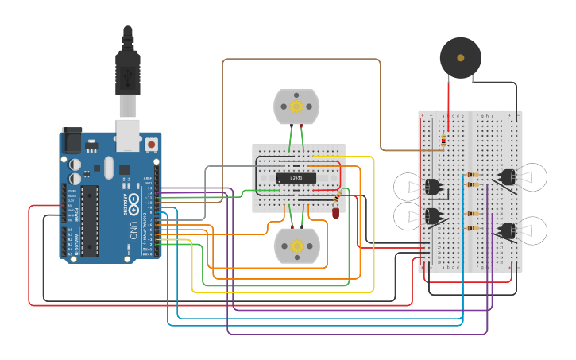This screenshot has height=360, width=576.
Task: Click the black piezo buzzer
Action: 460,57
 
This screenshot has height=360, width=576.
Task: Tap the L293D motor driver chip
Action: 296,177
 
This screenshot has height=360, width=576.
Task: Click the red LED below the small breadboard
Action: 336,212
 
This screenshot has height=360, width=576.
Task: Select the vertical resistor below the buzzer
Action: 443,141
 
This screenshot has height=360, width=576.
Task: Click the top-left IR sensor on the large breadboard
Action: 432,188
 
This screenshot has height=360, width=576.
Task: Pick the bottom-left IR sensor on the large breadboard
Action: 432,216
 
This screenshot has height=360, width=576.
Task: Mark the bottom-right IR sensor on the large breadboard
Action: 506,231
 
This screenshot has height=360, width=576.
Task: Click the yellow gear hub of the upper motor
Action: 296,106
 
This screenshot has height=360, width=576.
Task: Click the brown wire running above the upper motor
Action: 302,59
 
